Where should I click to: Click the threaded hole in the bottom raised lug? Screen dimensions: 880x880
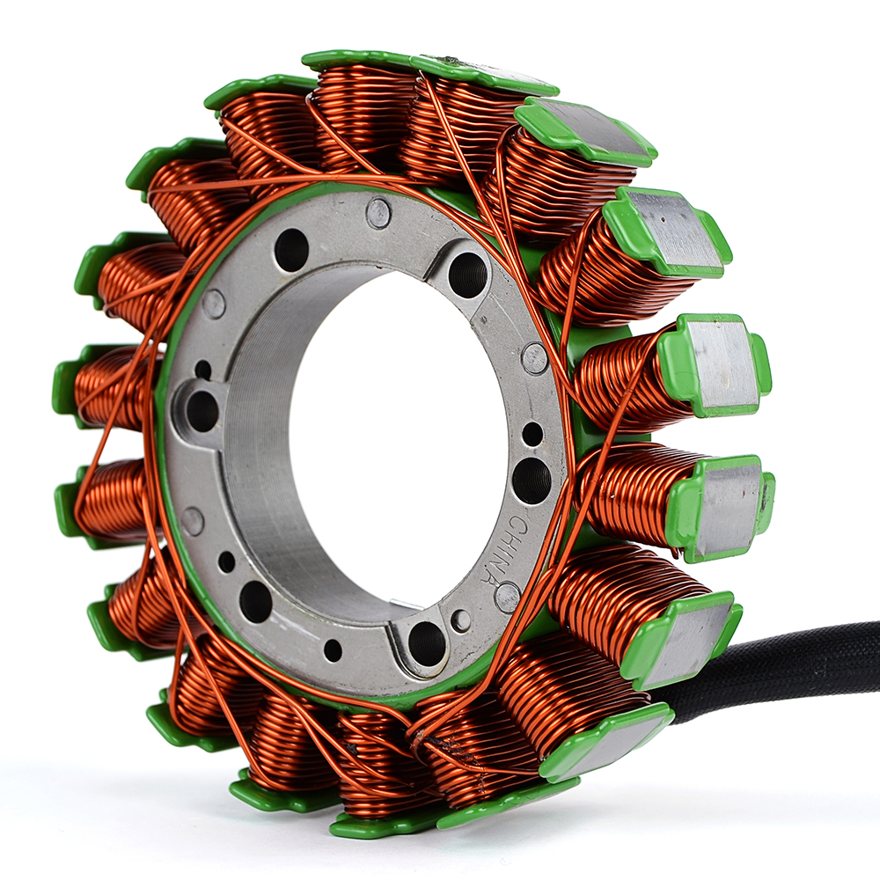[x=427, y=642]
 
